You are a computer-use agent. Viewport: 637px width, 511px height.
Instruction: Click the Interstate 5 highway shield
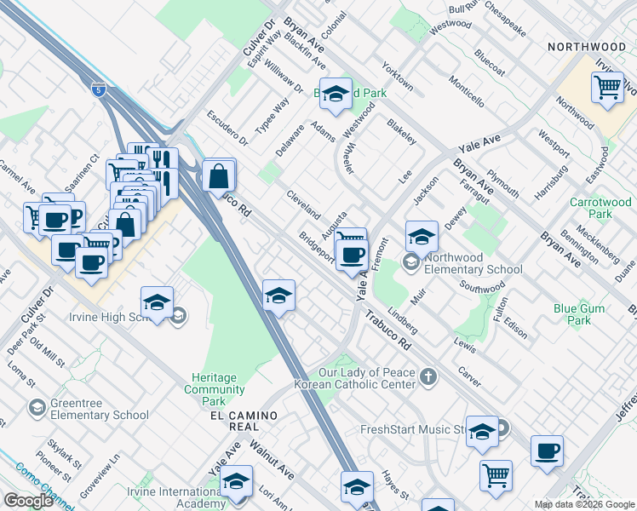(x=99, y=89)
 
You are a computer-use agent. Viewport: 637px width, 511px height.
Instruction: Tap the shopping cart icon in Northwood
(x=607, y=87)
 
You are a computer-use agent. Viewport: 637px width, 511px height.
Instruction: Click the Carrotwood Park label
(x=600, y=208)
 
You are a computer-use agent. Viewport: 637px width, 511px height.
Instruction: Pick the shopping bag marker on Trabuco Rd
(x=219, y=177)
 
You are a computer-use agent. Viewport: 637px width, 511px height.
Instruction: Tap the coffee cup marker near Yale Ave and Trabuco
(x=352, y=254)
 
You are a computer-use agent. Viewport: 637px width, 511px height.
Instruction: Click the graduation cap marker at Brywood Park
(x=336, y=95)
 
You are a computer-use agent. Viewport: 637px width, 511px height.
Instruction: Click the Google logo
(x=29, y=501)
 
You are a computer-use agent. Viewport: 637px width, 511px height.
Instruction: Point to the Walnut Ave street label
(x=273, y=460)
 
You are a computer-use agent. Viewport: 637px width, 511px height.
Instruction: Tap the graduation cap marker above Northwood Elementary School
(x=421, y=237)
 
